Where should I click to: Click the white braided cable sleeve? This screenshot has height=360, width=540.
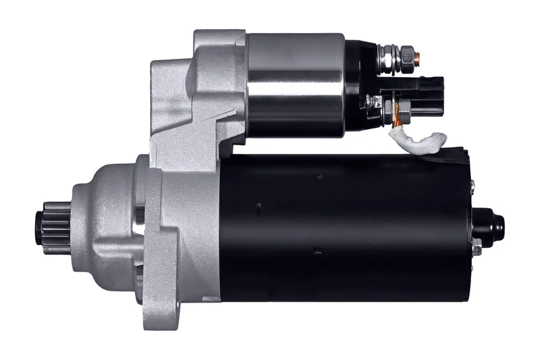419,140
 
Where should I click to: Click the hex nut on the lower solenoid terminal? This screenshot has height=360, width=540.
404,107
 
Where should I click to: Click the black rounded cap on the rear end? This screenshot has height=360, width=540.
489,226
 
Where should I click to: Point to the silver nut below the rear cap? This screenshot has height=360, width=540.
477,249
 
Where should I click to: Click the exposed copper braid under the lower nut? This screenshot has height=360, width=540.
399,122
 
